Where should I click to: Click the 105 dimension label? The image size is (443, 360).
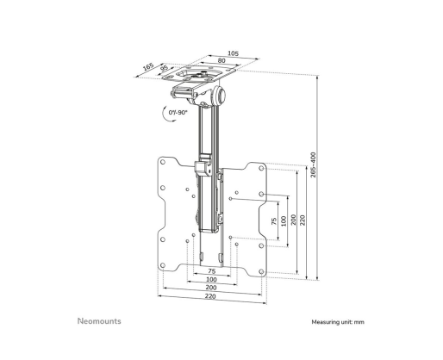(x=233, y=53)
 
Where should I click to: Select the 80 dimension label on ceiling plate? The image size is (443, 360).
(x=221, y=60)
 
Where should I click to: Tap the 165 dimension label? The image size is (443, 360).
(x=148, y=67)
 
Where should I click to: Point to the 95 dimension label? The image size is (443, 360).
(x=164, y=68)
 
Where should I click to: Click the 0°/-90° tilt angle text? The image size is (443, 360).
(x=178, y=112)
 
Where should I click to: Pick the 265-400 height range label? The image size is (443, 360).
(x=313, y=164)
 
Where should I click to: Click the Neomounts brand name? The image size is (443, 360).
(x=99, y=321)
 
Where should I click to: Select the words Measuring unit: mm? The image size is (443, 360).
(x=338, y=322)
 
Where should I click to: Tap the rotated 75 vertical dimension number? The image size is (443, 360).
(x=274, y=221)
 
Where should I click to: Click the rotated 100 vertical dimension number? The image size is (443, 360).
(x=284, y=221)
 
